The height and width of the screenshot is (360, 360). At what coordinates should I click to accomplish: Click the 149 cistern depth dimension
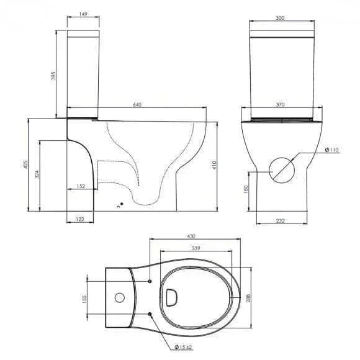tap(83, 14)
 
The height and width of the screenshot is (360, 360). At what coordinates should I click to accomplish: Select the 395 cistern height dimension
tap(53, 76)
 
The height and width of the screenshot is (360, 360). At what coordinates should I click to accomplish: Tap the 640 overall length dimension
tap(137, 105)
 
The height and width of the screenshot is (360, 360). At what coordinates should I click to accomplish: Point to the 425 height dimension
tap(25, 164)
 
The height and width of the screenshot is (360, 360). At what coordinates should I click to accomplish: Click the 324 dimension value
tap(37, 174)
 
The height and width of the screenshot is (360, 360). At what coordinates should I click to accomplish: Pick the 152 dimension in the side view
tap(81, 186)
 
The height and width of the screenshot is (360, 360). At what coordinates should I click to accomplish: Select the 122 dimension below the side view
tap(79, 219)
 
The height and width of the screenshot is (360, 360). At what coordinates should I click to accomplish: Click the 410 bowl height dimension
tap(214, 165)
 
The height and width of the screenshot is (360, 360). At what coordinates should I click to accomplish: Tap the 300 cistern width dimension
tap(280, 18)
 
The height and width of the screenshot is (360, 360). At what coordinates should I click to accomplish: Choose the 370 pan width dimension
tap(280, 105)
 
